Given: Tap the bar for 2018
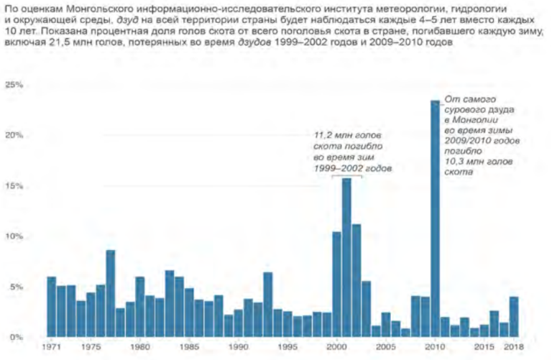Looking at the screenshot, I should pyautogui.click(x=513, y=317).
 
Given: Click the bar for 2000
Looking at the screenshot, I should pyautogui.click(x=336, y=285).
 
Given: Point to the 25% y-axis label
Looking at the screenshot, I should pyautogui.click(x=14, y=85).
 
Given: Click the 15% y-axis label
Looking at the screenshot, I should pyautogui.click(x=14, y=186).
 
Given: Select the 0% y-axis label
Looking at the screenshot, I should pyautogui.click(x=17, y=337).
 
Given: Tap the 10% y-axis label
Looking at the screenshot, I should pyautogui.click(x=14, y=236).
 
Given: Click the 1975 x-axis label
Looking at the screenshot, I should pyautogui.click(x=91, y=348).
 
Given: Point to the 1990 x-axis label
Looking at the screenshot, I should pyautogui.click(x=238, y=348).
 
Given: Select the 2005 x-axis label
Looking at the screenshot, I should pyautogui.click(x=385, y=348).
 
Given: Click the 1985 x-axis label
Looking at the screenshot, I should pyautogui.click(x=189, y=348).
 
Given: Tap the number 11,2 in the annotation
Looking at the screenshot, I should pyautogui.click(x=324, y=135).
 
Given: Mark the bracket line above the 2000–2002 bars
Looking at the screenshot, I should pyautogui.click(x=346, y=175).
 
